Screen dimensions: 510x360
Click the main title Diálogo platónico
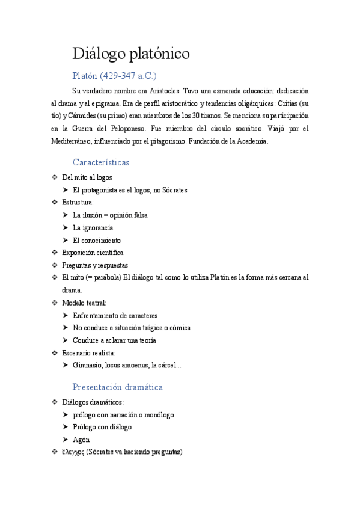pyautogui.click(x=131, y=54)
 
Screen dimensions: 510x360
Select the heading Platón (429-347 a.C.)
pyautogui.click(x=114, y=76)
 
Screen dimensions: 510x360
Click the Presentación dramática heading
pyautogui.click(x=117, y=387)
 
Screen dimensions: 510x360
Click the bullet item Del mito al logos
pyautogui.click(x=87, y=177)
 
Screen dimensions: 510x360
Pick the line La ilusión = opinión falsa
pyautogui.click(x=109, y=215)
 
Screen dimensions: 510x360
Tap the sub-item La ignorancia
pyautogui.click(x=93, y=227)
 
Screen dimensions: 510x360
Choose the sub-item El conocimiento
pyautogui.click(x=96, y=240)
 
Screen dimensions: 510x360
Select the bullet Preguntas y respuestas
pyautogui.click(x=95, y=265)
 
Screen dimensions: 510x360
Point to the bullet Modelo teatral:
pyautogui.click(x=84, y=303)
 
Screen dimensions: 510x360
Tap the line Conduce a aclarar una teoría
pyautogui.click(x=114, y=340)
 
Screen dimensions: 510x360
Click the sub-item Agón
pyautogui.click(x=81, y=440)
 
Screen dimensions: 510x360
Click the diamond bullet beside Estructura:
pyautogui.click(x=55, y=203)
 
